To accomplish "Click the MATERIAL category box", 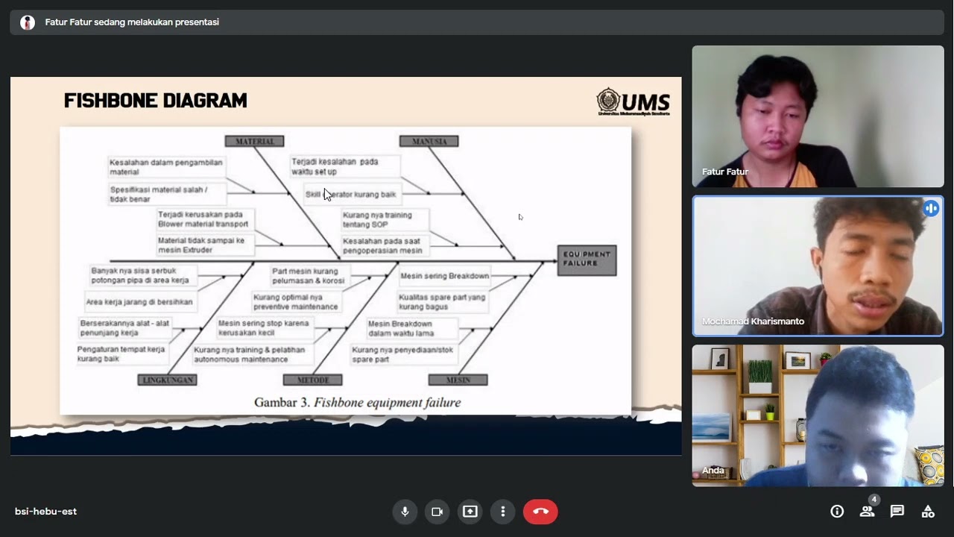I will pyautogui.click(x=254, y=141).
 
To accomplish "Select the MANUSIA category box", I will pyautogui.click(x=429, y=141).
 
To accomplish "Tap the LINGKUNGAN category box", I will pyautogui.click(x=167, y=380).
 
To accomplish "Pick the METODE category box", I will pyautogui.click(x=312, y=380).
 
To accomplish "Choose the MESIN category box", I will pyautogui.click(x=458, y=380).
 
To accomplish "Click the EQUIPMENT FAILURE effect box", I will pyautogui.click(x=587, y=260).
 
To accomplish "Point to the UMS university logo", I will pyautogui.click(x=633, y=101).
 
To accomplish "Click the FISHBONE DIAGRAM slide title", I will pyautogui.click(x=155, y=101).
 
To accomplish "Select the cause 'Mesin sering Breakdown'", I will pyautogui.click(x=444, y=276).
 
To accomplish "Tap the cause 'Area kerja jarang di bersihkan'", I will pyautogui.click(x=139, y=302).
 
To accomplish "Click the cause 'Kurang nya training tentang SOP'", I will pyautogui.click(x=376, y=219).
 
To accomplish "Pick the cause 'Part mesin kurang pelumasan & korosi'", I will pyautogui.click(x=308, y=276).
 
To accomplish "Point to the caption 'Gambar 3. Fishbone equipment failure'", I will pyautogui.click(x=357, y=403).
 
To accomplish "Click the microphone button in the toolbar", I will pyautogui.click(x=405, y=512).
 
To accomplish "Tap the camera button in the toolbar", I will pyautogui.click(x=437, y=512).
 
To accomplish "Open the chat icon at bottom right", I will pyautogui.click(x=897, y=512).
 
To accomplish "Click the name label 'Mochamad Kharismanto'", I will pyautogui.click(x=753, y=321).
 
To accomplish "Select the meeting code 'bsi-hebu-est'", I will pyautogui.click(x=45, y=512).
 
